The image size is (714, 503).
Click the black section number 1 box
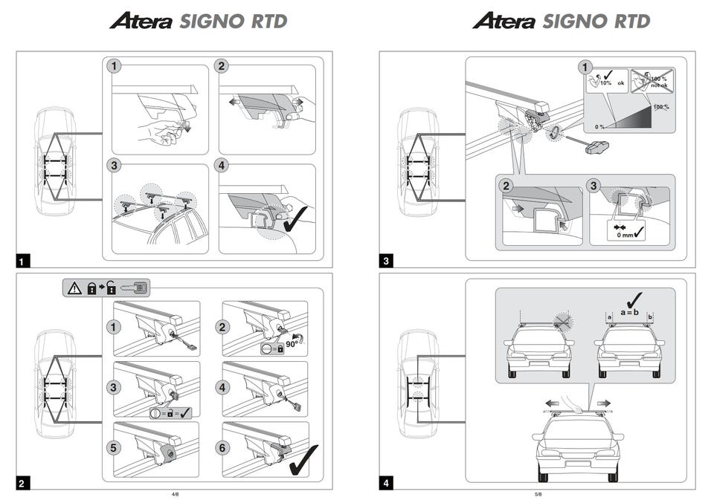[23, 261]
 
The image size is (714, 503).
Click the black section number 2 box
[23, 484]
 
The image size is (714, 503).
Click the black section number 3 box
[386, 261]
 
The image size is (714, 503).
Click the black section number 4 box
[386, 484]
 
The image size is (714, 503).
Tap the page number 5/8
[537, 493]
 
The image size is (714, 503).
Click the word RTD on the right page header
[629, 22]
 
